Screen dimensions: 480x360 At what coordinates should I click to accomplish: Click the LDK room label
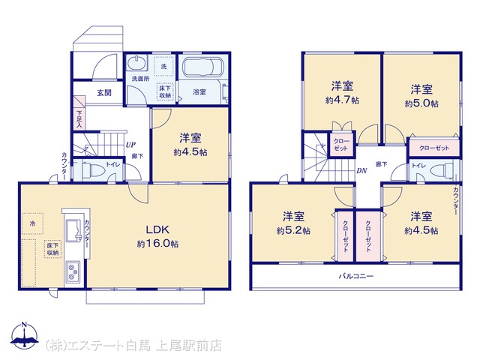click(x=157, y=229)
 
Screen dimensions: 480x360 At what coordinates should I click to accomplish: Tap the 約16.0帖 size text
click(x=157, y=244)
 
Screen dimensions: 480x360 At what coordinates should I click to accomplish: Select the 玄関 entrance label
click(x=104, y=92)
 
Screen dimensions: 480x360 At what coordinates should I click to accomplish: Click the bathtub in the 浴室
click(x=202, y=67)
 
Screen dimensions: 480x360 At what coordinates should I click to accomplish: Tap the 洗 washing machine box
click(x=163, y=66)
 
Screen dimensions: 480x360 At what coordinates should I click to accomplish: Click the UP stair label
click(x=130, y=145)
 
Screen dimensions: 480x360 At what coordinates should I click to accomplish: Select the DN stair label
click(x=361, y=171)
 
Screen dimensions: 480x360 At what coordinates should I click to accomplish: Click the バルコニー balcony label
click(x=356, y=276)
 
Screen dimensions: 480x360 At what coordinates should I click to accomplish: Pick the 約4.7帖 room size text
click(x=342, y=100)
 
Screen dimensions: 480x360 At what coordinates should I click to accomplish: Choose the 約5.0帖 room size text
click(x=421, y=103)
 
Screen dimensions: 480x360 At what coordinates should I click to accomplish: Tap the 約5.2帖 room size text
click(x=293, y=230)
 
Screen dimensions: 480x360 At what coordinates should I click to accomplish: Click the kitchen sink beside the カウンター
click(x=73, y=230)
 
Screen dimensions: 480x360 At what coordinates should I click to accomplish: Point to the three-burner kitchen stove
click(x=72, y=272)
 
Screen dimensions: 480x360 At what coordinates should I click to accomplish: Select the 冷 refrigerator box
click(x=32, y=223)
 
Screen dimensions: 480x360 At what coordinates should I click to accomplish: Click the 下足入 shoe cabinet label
click(x=79, y=118)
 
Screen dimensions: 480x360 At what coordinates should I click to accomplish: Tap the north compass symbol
click(x=25, y=336)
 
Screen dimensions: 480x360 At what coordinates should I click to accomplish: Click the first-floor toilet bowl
click(x=92, y=169)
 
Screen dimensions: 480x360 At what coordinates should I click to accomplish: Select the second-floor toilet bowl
click(x=442, y=169)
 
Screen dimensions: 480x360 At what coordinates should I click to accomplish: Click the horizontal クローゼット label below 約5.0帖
click(x=434, y=148)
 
